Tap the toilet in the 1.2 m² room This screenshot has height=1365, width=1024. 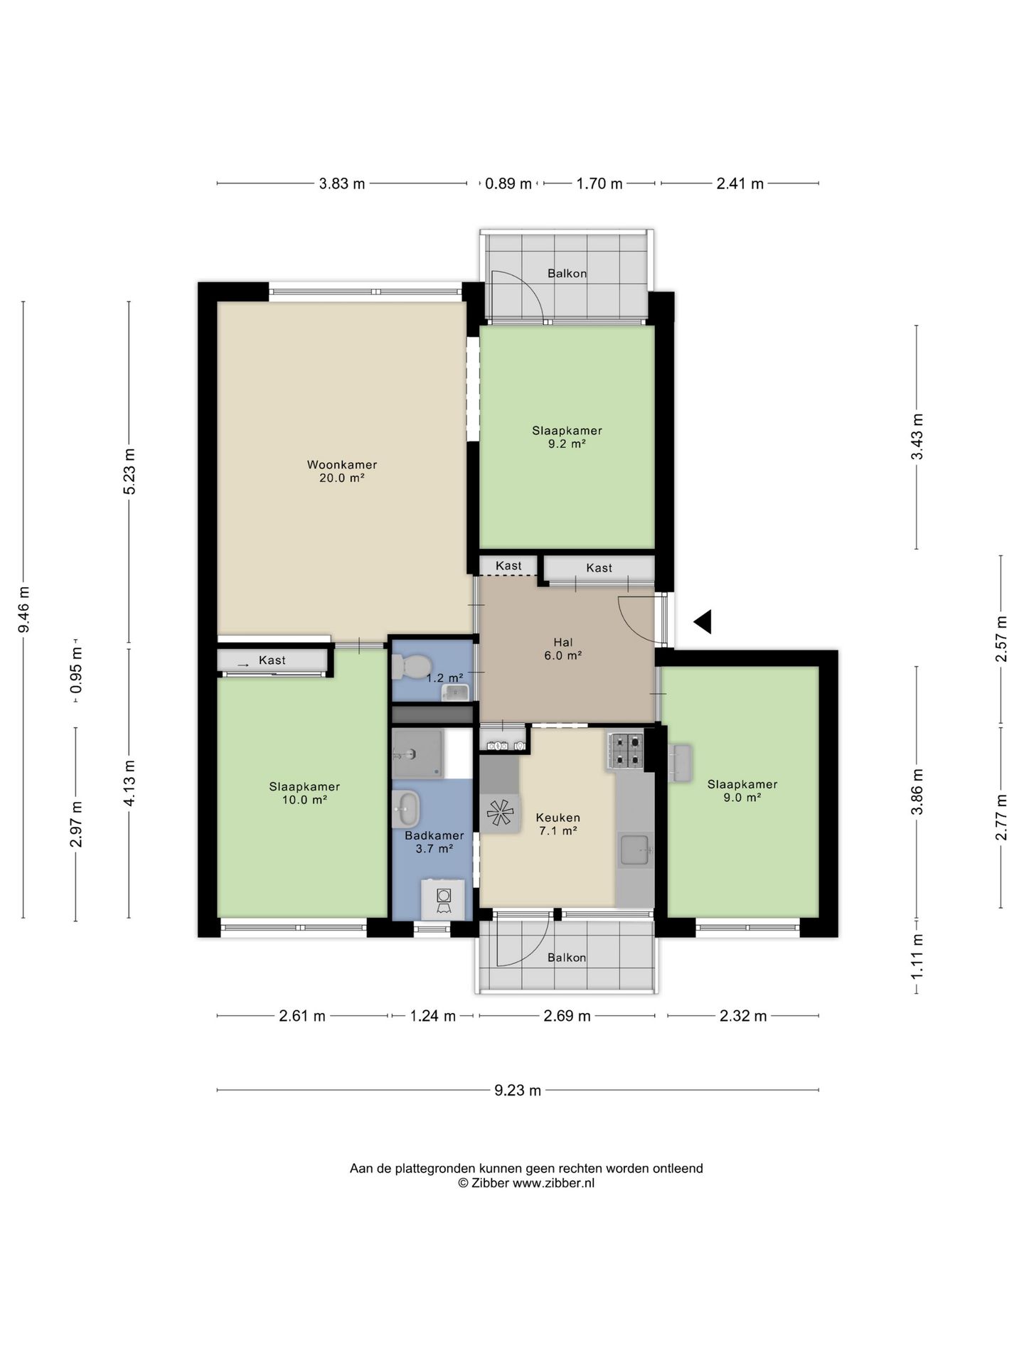[411, 667]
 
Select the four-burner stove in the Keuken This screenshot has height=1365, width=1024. [625, 750]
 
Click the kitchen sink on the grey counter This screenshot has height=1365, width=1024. [634, 850]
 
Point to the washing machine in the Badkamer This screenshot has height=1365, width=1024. [443, 899]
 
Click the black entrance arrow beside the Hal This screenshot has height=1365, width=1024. [703, 622]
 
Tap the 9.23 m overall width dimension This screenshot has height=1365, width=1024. [518, 1090]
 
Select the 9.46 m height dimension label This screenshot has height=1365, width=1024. [23, 609]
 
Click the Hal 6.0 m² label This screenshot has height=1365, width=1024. [563, 649]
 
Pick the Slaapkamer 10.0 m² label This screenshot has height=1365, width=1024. [304, 793]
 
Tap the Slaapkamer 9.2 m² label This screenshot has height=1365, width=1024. [567, 437]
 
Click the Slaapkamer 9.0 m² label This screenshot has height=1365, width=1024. [742, 791]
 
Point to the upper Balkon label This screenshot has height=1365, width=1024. [567, 274]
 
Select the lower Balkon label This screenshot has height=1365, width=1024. [567, 958]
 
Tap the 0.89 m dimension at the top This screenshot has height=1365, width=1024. [508, 184]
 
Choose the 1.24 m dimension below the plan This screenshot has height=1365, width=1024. [433, 1016]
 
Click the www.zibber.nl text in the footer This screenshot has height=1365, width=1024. [554, 1183]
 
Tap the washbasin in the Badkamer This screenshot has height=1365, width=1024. [407, 809]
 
